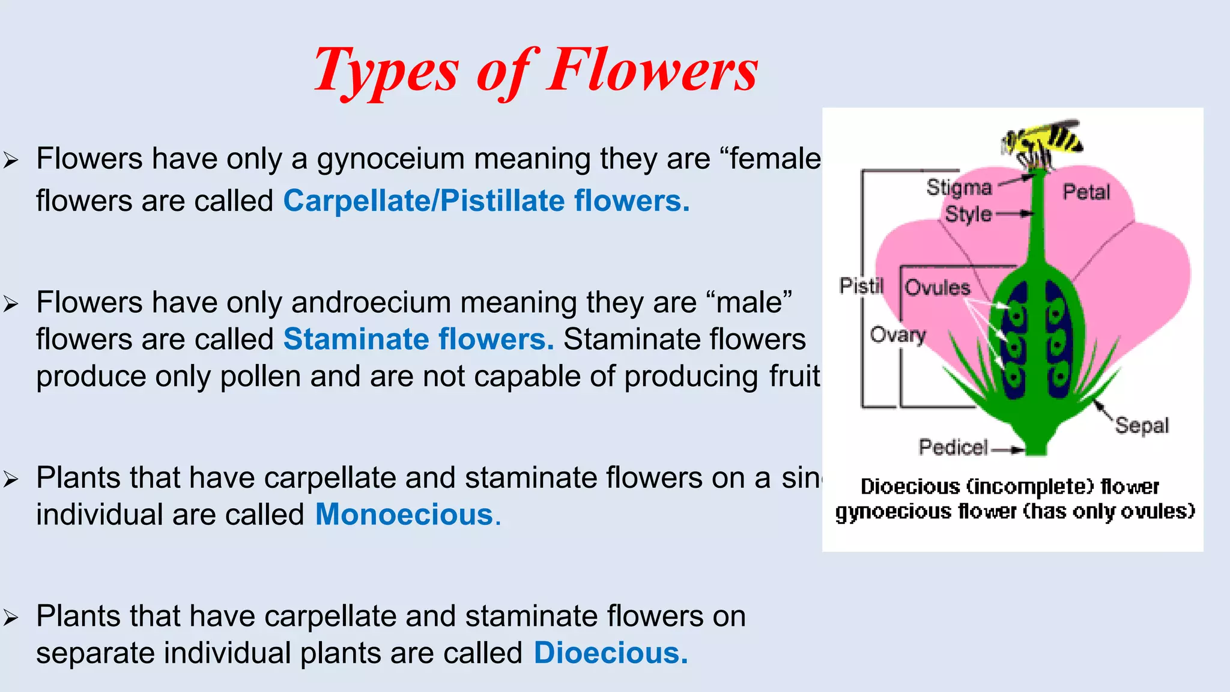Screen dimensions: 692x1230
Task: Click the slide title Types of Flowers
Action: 536,71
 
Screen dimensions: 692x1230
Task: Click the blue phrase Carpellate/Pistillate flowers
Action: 486,201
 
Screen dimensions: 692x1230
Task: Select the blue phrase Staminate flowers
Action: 419,339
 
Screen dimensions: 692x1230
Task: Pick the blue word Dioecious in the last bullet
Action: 610,653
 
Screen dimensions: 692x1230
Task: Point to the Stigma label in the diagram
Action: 959,187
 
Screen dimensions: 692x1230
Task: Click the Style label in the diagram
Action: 968,214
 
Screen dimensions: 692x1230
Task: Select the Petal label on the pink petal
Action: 1086,192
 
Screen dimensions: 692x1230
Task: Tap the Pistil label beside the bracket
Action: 861,286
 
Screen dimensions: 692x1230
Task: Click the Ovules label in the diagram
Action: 938,288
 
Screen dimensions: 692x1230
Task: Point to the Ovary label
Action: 898,335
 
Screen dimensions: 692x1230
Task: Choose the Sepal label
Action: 1142,425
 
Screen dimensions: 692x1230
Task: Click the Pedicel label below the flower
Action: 953,448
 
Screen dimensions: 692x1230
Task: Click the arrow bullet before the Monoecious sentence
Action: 11,479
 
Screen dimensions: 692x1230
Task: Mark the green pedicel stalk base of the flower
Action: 1035,445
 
